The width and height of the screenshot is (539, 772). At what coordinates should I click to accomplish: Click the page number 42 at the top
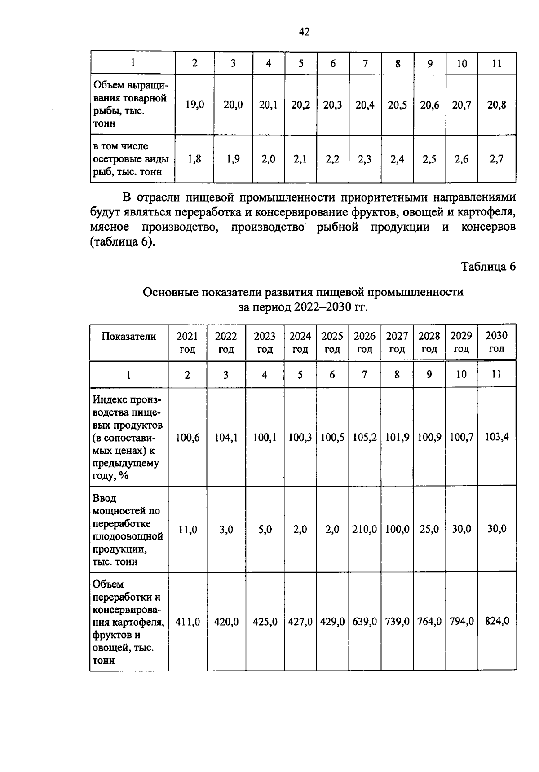coord(304,32)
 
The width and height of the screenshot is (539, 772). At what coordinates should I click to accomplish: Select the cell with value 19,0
coord(194,105)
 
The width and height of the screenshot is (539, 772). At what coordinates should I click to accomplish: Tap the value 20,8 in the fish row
coord(497,105)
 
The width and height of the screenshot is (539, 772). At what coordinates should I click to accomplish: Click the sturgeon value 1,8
coord(194,159)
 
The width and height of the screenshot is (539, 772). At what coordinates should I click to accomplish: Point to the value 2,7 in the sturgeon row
coord(497,159)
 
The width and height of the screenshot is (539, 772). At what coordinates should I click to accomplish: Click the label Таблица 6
coord(489,267)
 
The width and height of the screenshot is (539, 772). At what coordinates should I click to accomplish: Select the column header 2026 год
coord(365,342)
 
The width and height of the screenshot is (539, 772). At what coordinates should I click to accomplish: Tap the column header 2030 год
coord(497,342)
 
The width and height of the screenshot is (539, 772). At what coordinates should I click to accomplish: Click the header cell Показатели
coord(129,337)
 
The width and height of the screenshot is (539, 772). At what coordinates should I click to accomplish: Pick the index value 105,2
coord(365,437)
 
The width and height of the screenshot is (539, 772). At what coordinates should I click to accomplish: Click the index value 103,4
coord(497,437)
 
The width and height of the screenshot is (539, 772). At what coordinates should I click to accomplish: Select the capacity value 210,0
coord(365,530)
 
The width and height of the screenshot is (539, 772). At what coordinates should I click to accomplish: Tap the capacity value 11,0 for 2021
coord(188,530)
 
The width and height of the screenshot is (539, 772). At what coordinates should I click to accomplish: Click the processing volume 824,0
coord(497,622)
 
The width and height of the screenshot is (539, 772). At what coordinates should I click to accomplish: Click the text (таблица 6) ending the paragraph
coord(122,243)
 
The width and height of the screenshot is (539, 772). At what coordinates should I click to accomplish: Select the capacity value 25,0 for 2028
coord(429,530)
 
